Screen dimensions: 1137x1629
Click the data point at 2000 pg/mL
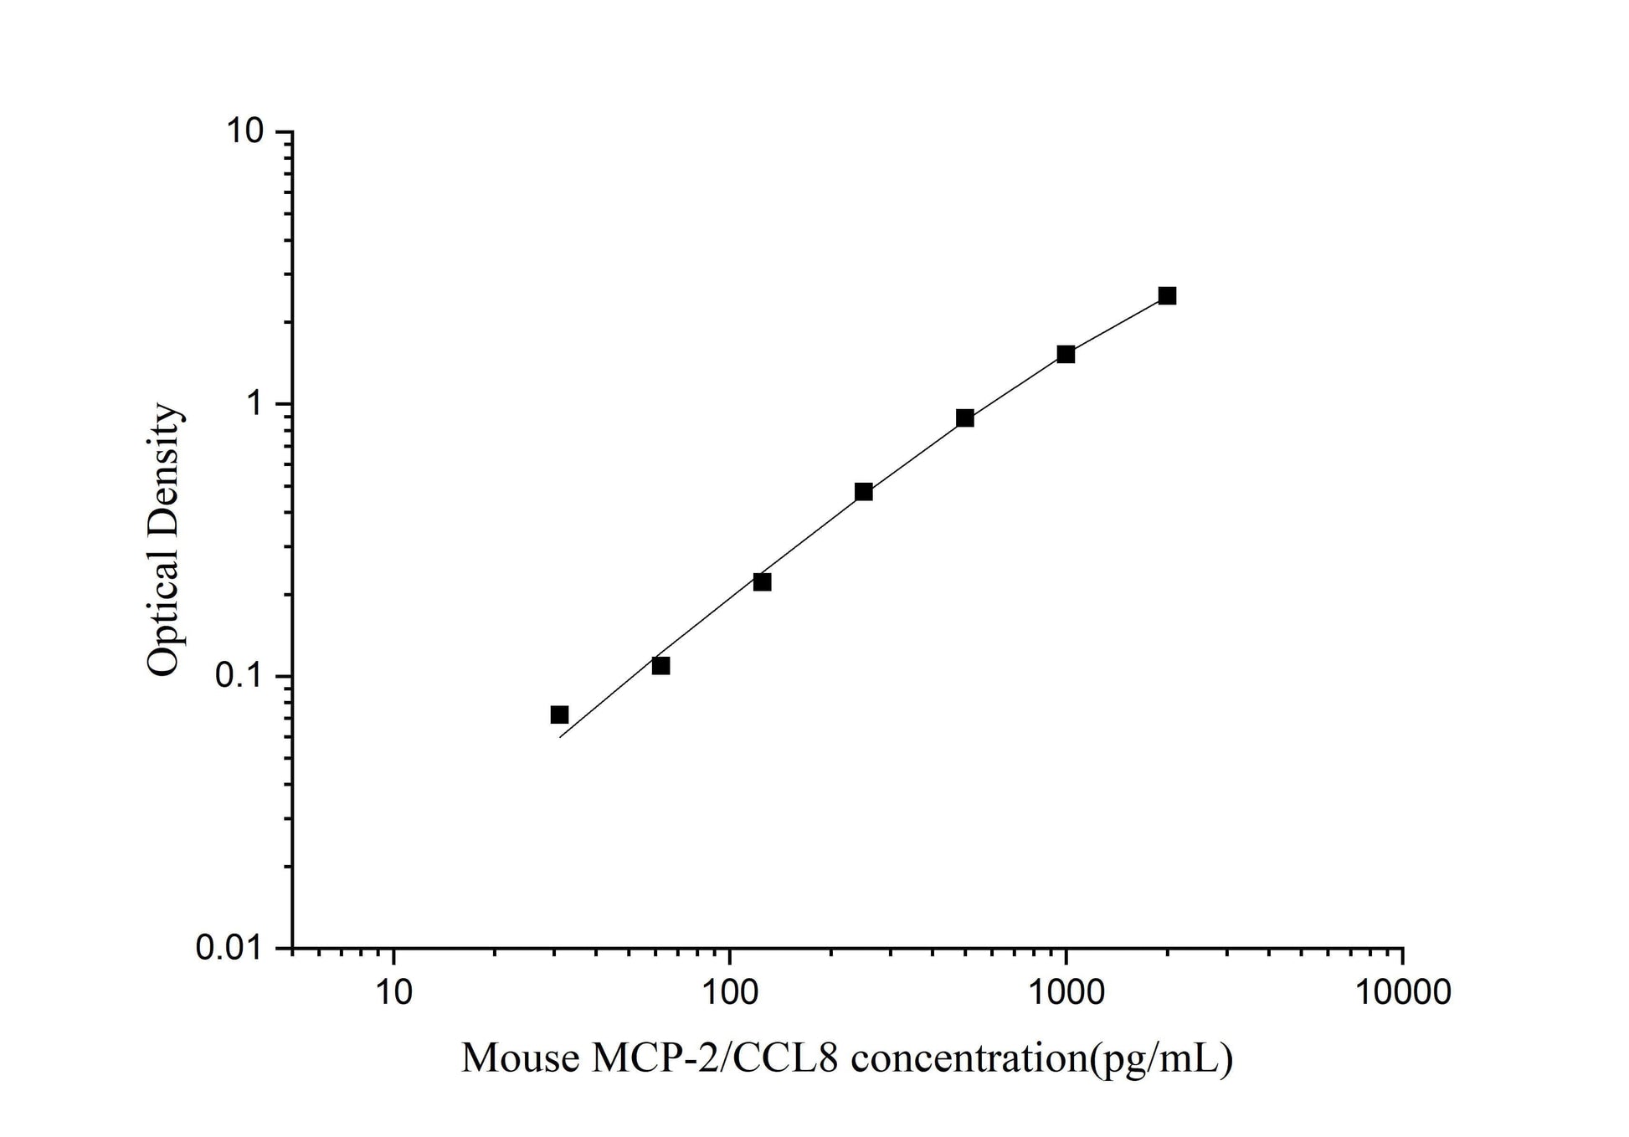[1167, 295]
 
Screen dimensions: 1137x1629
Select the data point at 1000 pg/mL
[1066, 354]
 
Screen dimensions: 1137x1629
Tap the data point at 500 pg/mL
[964, 417]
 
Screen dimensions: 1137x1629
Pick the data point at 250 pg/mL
[864, 491]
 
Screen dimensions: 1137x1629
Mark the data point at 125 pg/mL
[762, 581]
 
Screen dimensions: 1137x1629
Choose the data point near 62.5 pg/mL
[660, 665]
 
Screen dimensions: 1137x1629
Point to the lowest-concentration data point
[559, 714]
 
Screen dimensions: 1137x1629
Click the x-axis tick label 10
[393, 992]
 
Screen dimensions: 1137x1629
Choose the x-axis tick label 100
[729, 992]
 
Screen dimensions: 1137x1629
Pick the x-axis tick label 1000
[1066, 992]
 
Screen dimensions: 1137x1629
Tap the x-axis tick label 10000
[1403, 992]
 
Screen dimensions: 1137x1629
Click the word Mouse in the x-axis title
[520, 1058]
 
